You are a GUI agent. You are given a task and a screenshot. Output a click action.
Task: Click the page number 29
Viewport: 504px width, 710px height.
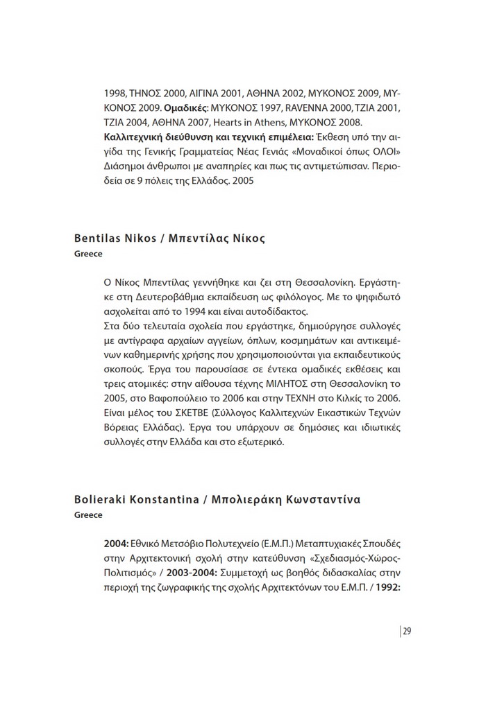point(407,630)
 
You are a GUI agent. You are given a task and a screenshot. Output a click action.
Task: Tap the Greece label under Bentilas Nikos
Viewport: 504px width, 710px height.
point(88,254)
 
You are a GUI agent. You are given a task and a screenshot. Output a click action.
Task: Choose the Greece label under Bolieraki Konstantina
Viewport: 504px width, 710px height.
point(88,515)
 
